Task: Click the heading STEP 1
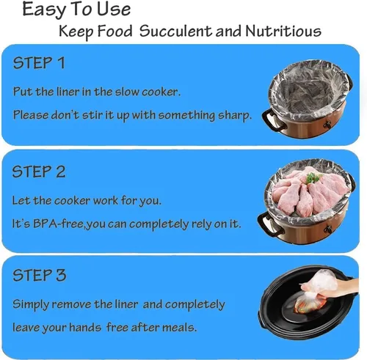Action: (39, 63)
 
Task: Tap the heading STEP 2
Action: (39, 172)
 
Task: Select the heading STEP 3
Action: (40, 275)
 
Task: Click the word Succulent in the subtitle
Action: (176, 32)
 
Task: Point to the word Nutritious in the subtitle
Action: (283, 31)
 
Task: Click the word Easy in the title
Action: (44, 10)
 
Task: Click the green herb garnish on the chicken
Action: (313, 177)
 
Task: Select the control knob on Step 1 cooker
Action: (327, 125)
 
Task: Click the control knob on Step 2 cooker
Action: (328, 229)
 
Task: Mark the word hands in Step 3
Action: (85, 328)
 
